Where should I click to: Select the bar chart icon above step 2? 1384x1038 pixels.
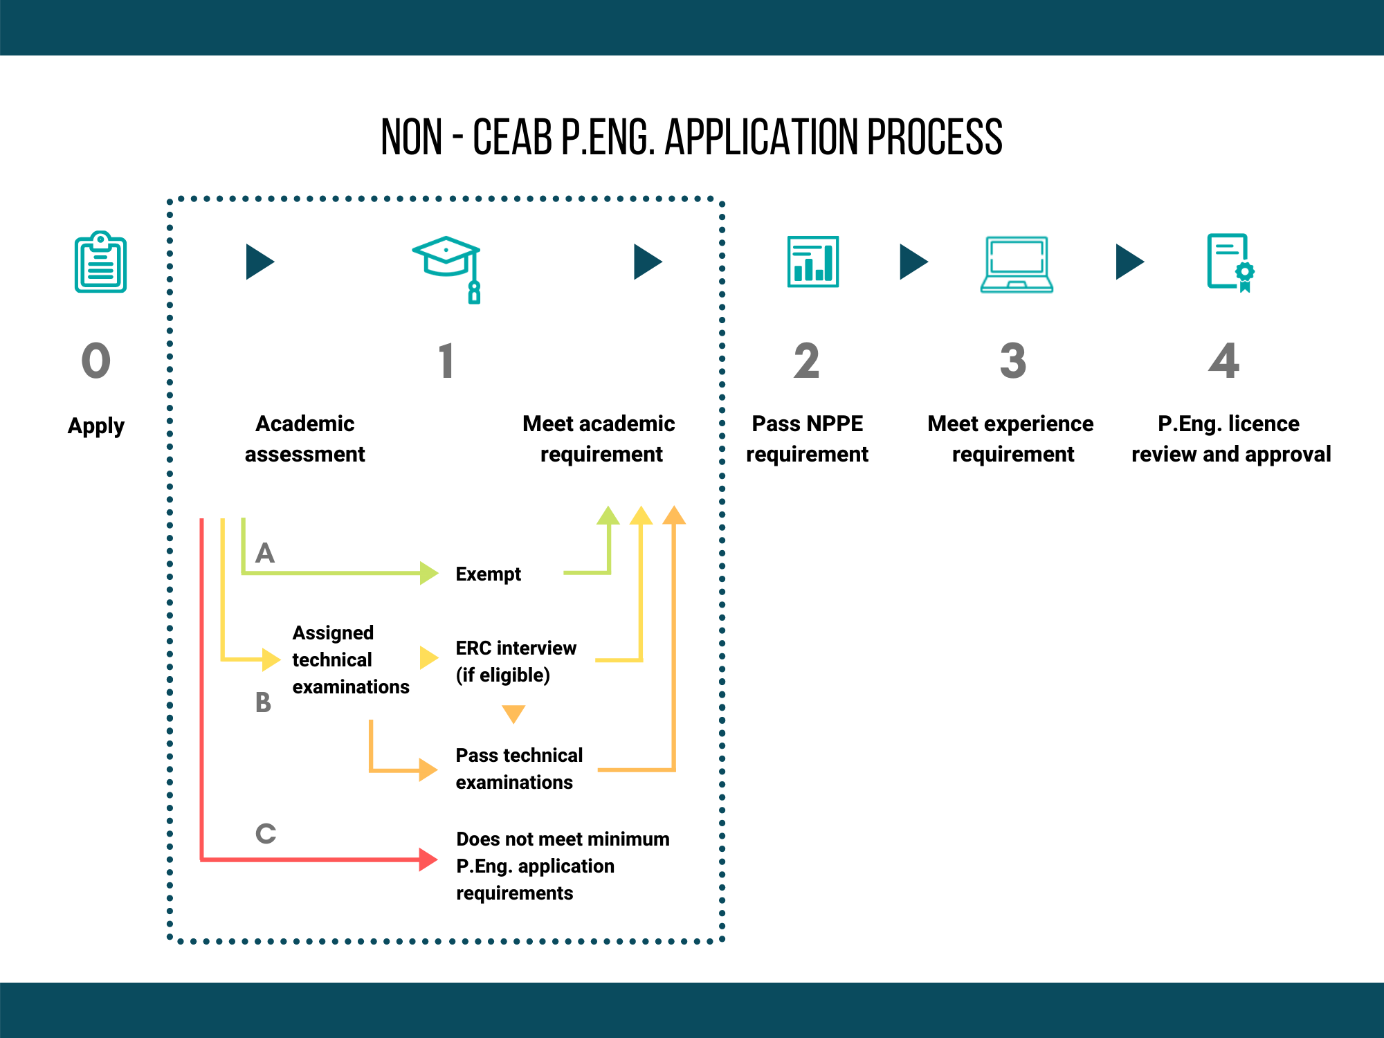tap(813, 262)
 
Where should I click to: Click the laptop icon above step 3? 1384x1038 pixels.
tap(1017, 264)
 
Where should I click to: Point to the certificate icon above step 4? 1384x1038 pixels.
tap(1230, 263)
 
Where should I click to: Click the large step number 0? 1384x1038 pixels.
tap(96, 361)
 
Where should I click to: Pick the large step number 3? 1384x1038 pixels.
tap(1013, 361)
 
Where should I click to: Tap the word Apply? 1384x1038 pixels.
tap(96, 426)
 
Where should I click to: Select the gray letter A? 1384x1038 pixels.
tap(265, 553)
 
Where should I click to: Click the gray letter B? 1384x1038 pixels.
tap(263, 702)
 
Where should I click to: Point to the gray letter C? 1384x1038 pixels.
tap(266, 833)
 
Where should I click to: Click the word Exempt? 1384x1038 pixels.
tap(489, 574)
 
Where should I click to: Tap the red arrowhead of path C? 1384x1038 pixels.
tap(428, 859)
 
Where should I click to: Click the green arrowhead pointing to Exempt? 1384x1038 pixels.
tap(429, 573)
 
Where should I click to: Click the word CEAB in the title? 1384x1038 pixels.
tap(512, 137)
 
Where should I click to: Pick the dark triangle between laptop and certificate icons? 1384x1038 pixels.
tap(1130, 262)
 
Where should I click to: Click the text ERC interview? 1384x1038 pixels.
tap(516, 648)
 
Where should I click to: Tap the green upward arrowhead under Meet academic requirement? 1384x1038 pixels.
tap(608, 516)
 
